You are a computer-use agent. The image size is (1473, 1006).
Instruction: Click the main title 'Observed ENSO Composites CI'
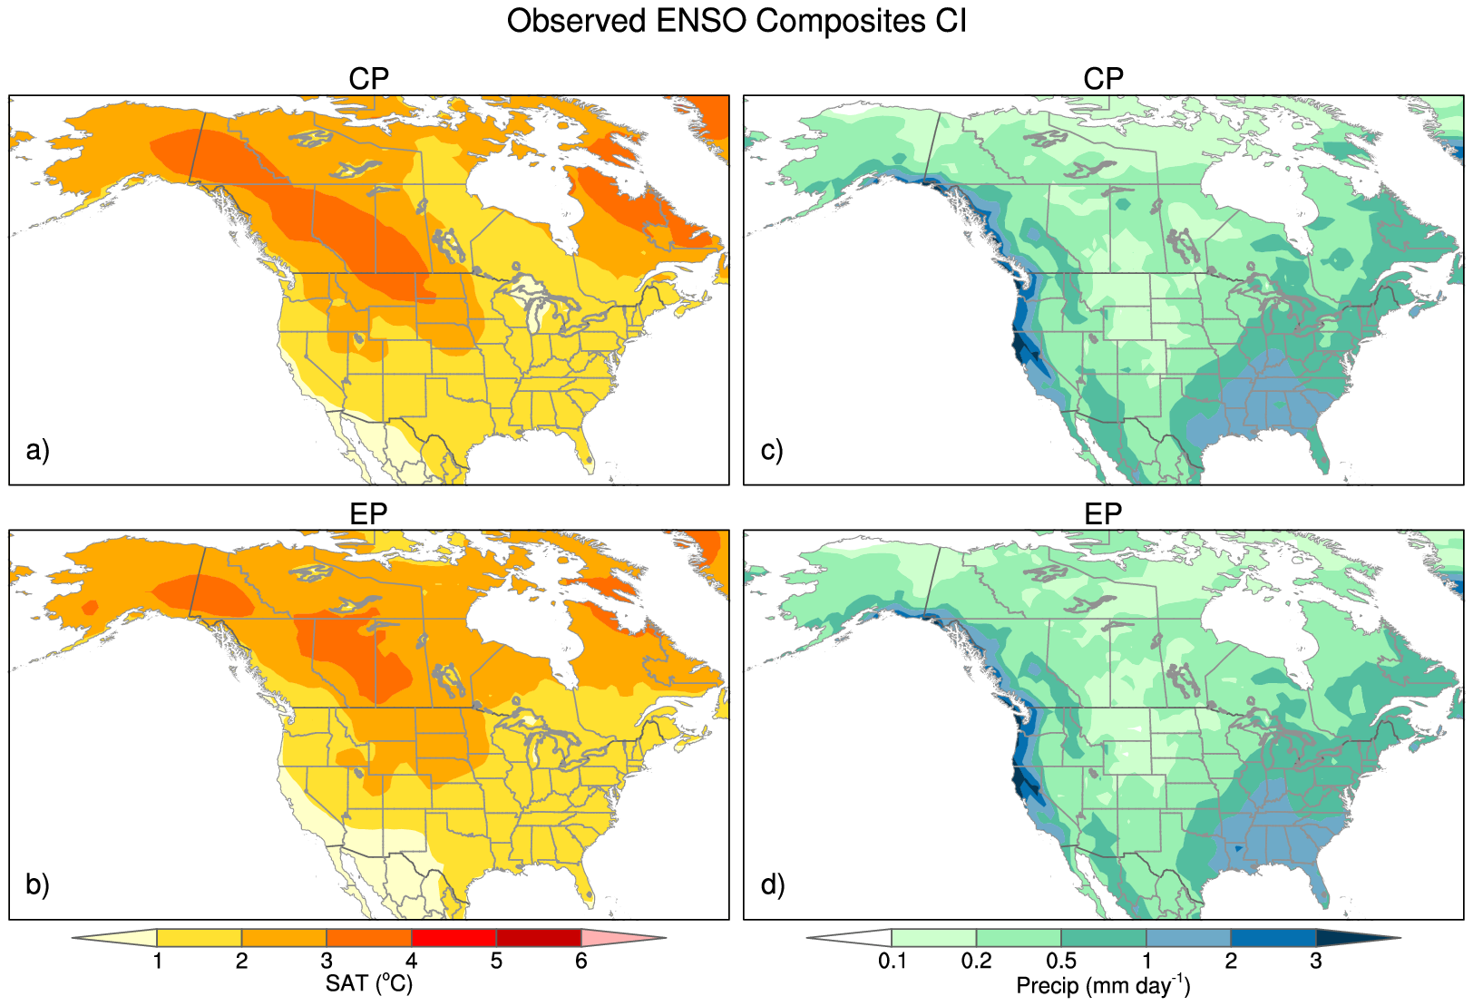click(736, 21)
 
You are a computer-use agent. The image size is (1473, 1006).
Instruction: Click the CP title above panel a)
click(368, 79)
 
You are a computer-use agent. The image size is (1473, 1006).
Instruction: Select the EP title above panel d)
click(1103, 514)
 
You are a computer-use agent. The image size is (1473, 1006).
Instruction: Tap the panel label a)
click(38, 450)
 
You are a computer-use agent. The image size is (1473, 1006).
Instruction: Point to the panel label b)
click(38, 884)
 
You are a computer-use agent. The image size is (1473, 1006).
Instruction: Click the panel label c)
click(772, 450)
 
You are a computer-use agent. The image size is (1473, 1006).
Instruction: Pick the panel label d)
click(773, 884)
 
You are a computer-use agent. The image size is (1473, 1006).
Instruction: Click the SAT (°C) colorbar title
click(368, 983)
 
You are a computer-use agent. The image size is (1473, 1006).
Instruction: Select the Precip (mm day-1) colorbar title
click(1103, 985)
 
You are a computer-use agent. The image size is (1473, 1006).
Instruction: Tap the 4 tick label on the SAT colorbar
click(411, 961)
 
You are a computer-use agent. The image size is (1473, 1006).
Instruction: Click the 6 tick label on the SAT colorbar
click(580, 961)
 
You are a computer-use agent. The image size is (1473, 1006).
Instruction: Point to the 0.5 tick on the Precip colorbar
click(1061, 961)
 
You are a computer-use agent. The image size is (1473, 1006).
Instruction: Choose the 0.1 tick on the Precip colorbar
click(892, 961)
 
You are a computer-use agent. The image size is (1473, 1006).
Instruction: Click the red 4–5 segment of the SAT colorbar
click(454, 938)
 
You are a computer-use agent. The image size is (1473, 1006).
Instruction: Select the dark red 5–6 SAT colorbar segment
click(538, 938)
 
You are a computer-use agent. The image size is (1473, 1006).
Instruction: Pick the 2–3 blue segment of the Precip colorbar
click(1273, 938)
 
